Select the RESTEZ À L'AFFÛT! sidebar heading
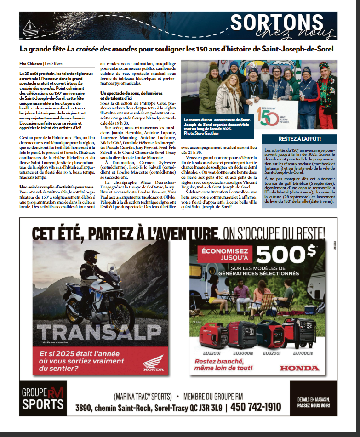[x=299, y=139]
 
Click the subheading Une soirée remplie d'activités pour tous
[x=57, y=187]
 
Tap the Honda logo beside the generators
[x=299, y=368]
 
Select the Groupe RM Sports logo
[x=43, y=398]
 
